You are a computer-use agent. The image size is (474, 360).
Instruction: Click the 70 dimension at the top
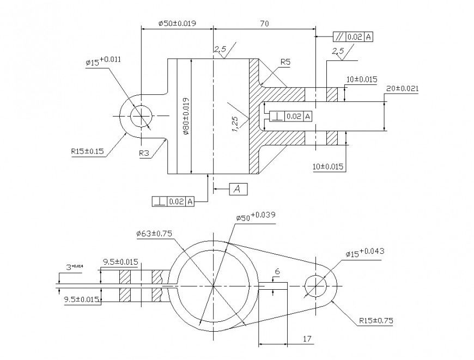tap(264, 24)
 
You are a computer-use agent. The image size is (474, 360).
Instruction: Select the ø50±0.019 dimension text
tap(177, 23)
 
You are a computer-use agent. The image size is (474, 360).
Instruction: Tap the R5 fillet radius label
tap(285, 62)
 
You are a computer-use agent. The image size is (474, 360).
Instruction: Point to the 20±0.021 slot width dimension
tap(402, 88)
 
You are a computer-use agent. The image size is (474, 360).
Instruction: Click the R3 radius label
tap(144, 154)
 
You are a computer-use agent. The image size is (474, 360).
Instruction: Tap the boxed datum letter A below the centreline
tap(238, 188)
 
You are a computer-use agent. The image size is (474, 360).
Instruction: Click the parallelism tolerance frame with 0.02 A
tap(353, 37)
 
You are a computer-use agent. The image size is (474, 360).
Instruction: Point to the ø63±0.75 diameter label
tap(155, 234)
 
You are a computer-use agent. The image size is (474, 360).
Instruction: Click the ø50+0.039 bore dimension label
tap(256, 217)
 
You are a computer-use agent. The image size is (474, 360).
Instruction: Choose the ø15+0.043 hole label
tap(366, 252)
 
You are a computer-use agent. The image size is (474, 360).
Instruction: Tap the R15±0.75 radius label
tap(376, 321)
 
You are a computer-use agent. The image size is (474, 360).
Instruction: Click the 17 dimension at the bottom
tap(307, 339)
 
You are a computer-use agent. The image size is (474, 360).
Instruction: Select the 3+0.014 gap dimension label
tap(74, 266)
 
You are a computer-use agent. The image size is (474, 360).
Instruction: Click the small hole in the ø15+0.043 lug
tap(316, 285)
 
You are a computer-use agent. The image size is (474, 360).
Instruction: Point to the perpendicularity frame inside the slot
tap(288, 116)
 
